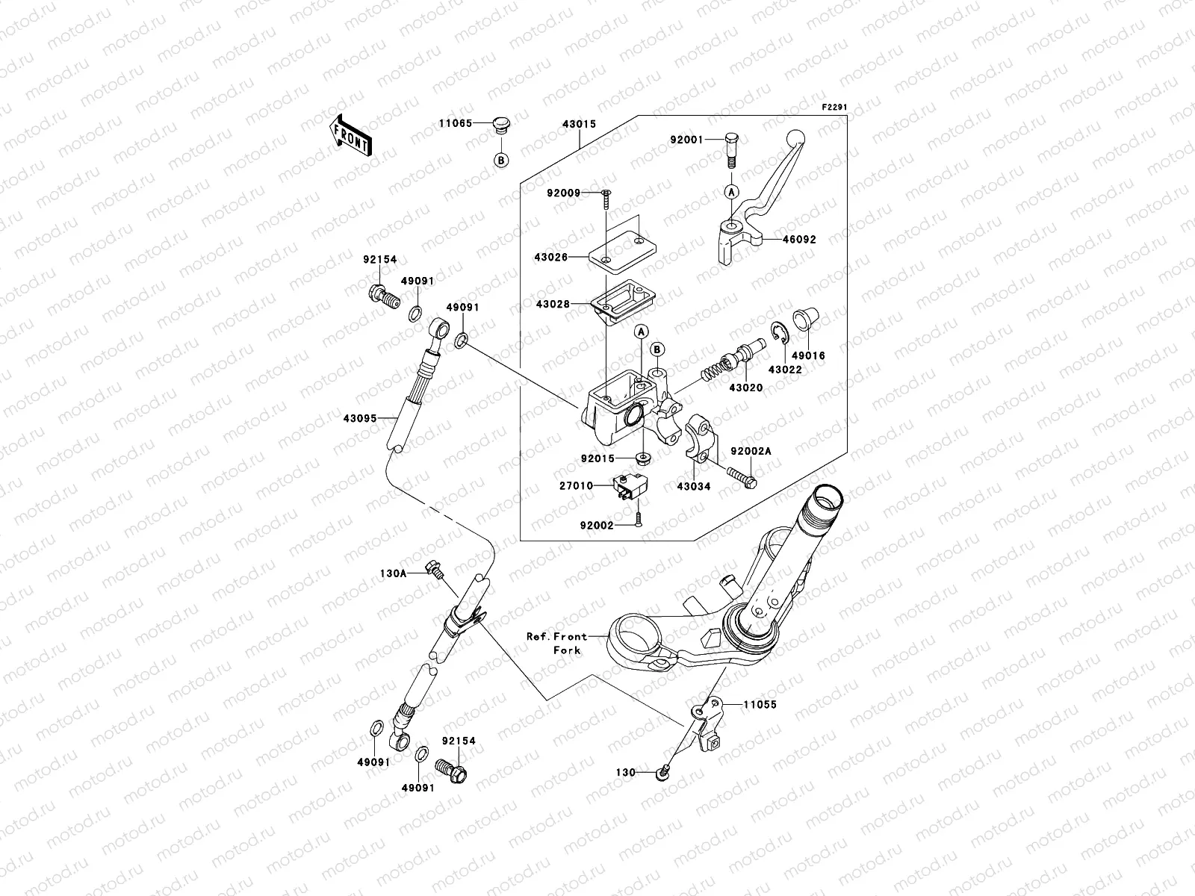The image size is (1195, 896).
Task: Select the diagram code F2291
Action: [836, 108]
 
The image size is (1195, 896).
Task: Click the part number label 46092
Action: [799, 240]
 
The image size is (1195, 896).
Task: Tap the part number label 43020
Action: [745, 388]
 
